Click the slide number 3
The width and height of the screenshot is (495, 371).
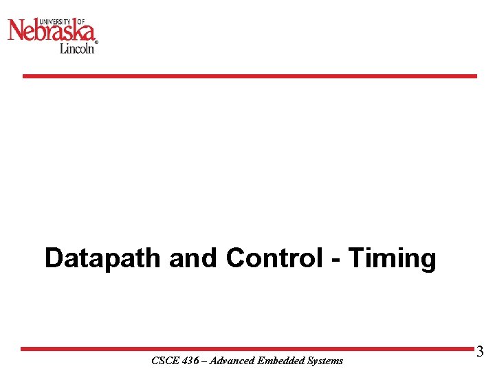pos(480,352)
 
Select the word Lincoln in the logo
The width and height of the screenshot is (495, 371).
pos(76,48)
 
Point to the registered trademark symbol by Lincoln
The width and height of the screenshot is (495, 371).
pos(96,43)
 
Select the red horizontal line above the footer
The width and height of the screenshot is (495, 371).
pos(247,349)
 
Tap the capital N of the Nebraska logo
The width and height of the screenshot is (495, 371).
pos(18,30)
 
